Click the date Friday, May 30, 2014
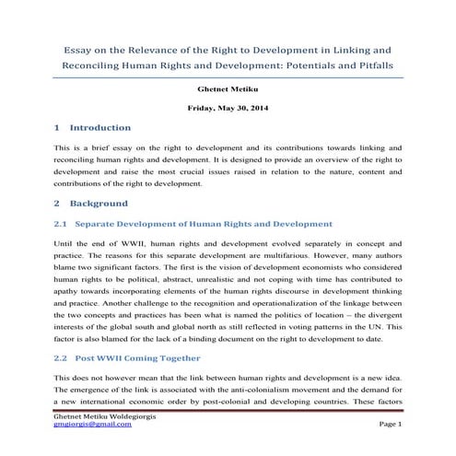(x=228, y=109)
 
